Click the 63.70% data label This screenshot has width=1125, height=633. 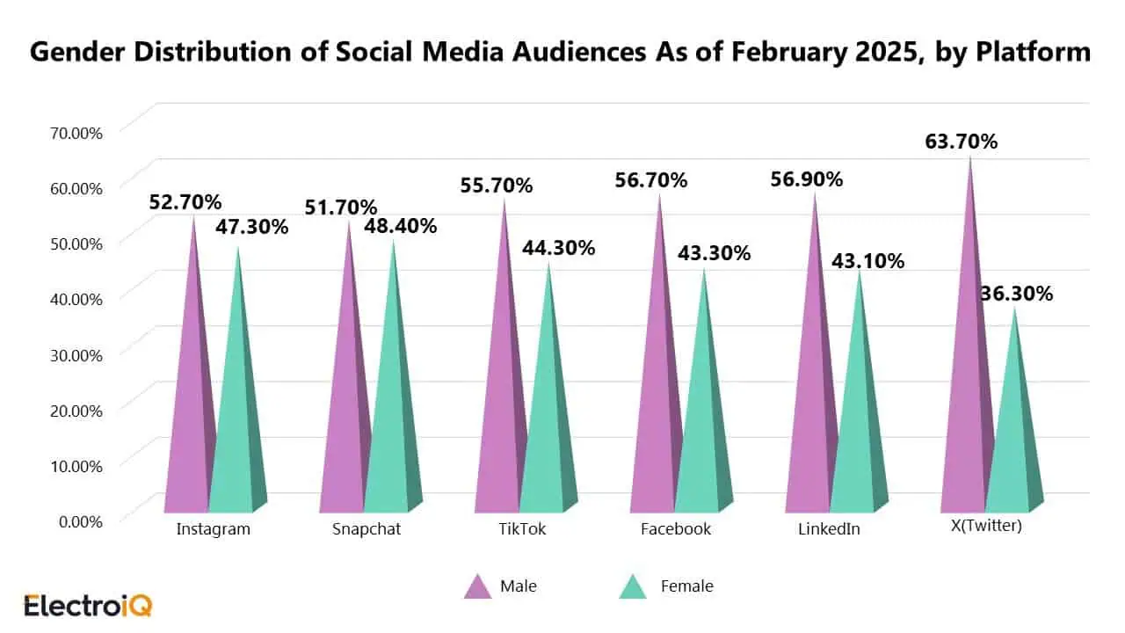pyautogui.click(x=961, y=141)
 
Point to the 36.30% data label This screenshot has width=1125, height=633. pyautogui.click(x=1017, y=294)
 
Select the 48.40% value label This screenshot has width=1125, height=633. pyautogui.click(x=401, y=226)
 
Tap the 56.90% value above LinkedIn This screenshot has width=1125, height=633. pyautogui.click(x=806, y=179)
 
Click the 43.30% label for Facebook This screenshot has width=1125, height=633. pyautogui.click(x=715, y=253)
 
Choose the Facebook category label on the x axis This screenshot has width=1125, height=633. pyautogui.click(x=676, y=529)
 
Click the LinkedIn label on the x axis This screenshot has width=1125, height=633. pyautogui.click(x=829, y=529)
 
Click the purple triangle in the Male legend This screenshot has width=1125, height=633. pyautogui.click(x=477, y=586)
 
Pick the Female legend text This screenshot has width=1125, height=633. pyautogui.click(x=686, y=586)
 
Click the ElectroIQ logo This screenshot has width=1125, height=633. pyautogui.click(x=88, y=606)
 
